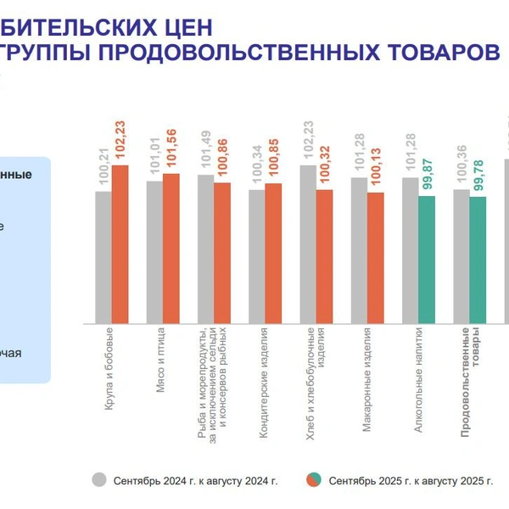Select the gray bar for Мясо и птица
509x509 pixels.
point(154,252)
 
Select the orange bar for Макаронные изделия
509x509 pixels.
point(375,258)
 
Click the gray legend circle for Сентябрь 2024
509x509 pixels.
point(99,480)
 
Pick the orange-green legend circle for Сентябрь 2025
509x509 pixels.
point(313,480)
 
